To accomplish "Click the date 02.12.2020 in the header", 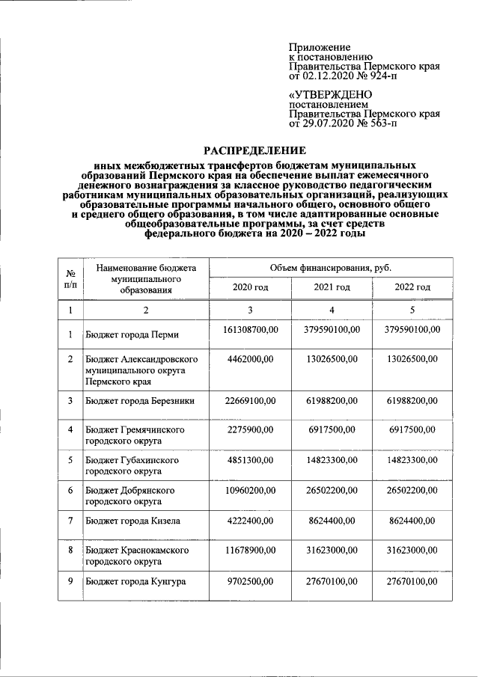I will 330,76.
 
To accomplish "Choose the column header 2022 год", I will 412,287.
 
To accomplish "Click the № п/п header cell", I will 70,278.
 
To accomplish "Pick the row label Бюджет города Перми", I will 131,334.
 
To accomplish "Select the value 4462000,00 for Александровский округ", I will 249,360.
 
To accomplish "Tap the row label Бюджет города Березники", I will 140,401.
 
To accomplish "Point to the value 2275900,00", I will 249,429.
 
